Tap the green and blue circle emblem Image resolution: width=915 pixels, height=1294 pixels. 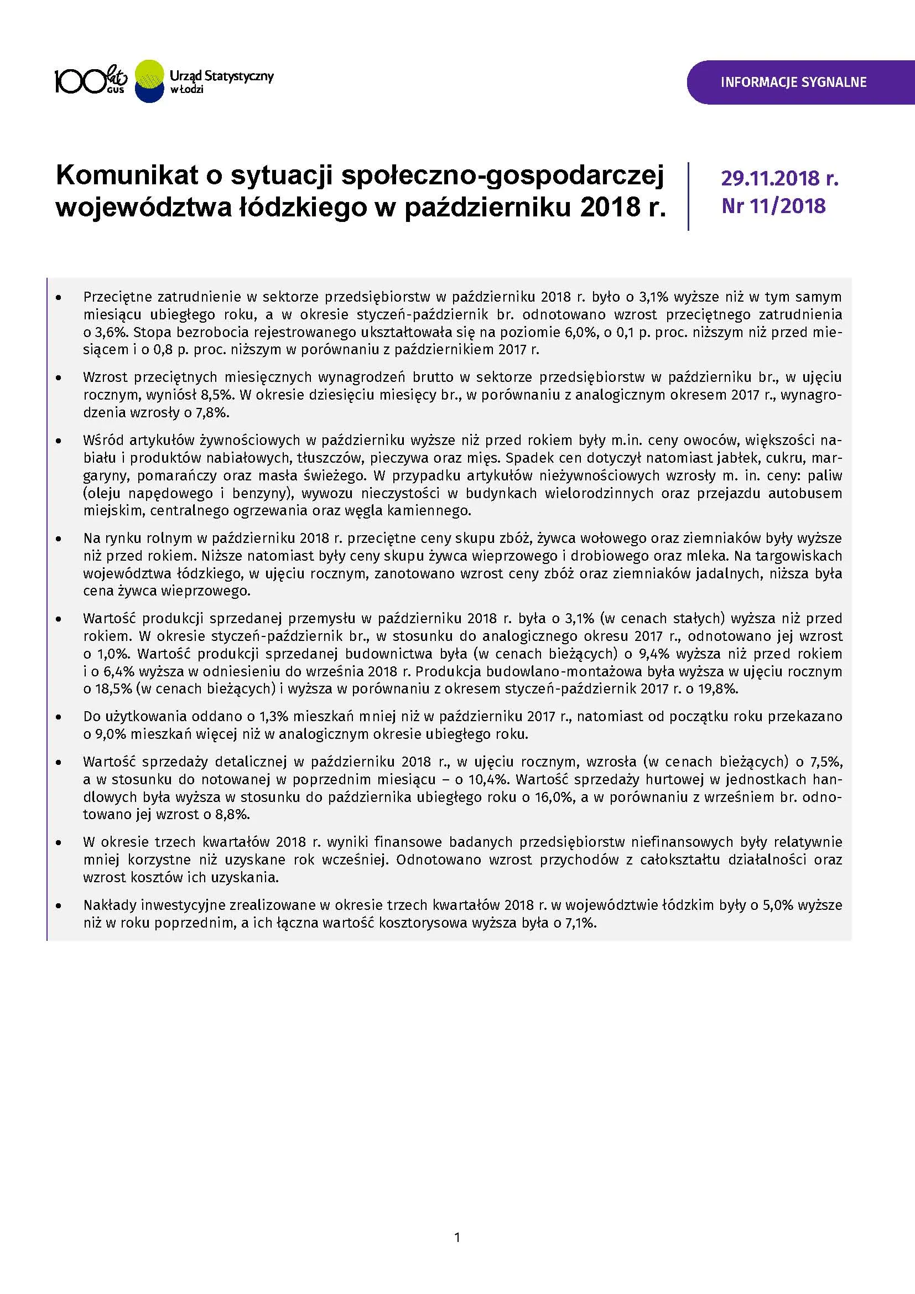150,81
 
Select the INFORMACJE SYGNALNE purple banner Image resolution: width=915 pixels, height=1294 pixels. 793,82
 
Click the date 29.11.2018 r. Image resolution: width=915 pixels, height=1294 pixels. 780,178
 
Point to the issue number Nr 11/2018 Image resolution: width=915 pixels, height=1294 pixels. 773,206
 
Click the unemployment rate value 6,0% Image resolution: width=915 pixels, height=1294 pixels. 580,332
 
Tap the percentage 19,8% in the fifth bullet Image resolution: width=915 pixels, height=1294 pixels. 720,689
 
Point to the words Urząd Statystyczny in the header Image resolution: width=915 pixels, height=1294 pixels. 221,75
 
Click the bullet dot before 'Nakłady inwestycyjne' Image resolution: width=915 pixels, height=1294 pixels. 59,905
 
